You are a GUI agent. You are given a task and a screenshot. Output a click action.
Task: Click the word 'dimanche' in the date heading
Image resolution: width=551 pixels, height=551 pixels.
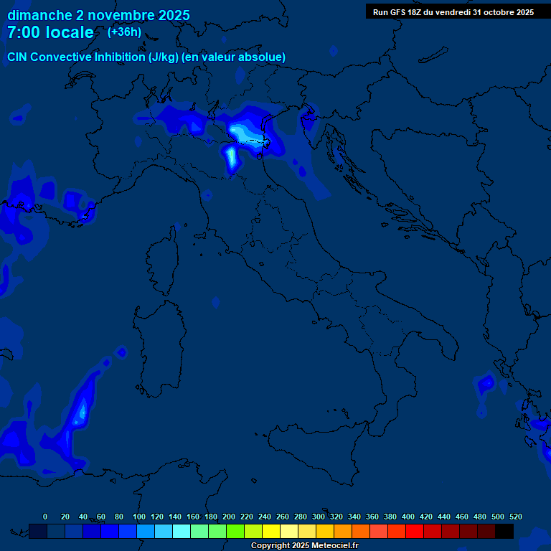pyautogui.click(x=39, y=15)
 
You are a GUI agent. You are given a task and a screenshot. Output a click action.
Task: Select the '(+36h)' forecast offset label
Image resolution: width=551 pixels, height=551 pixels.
pyautogui.click(x=124, y=32)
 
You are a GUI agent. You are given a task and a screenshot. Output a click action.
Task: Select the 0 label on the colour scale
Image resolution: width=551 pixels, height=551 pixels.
pyautogui.click(x=45, y=517)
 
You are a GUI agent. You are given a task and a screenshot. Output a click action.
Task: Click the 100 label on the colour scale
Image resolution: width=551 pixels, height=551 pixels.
pyautogui.click(x=139, y=517)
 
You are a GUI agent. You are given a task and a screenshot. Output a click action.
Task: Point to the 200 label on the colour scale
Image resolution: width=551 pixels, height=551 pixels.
pyautogui.click(x=229, y=517)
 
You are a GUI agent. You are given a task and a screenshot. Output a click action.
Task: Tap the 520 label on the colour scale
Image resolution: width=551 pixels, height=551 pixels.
pyautogui.click(x=515, y=517)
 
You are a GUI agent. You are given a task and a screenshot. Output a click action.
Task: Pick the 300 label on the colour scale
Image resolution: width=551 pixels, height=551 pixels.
pyautogui.click(x=319, y=517)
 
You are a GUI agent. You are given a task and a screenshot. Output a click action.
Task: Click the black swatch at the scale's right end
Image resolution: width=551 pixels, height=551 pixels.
pyautogui.click(x=504, y=531)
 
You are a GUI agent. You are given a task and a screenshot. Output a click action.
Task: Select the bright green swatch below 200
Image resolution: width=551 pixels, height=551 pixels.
pyautogui.click(x=235, y=531)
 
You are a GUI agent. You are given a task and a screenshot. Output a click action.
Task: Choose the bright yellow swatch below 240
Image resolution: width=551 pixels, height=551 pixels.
pyautogui.click(x=271, y=531)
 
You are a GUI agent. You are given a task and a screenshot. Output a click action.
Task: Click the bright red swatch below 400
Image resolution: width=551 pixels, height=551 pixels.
pyautogui.click(x=415, y=531)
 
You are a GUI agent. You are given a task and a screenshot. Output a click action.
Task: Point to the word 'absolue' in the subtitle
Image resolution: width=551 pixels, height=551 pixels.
pyautogui.click(x=265, y=57)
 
